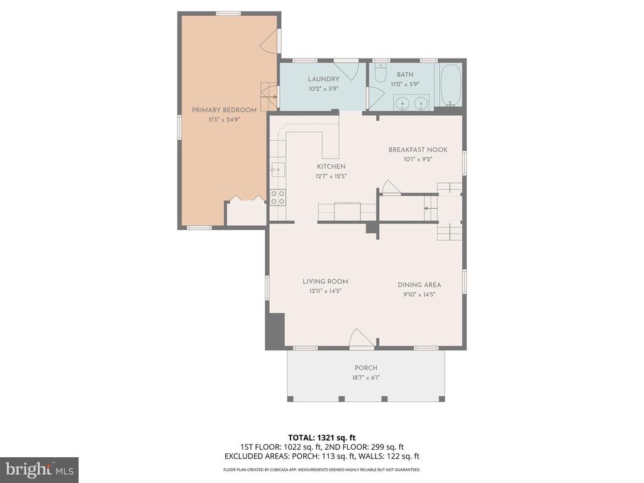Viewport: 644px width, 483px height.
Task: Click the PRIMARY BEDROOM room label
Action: [224, 110]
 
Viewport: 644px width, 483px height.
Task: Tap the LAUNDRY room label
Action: [323, 79]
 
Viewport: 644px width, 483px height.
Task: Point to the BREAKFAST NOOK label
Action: [418, 150]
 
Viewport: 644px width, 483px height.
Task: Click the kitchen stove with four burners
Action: [277, 197]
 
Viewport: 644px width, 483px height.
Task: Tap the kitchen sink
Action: [278, 169]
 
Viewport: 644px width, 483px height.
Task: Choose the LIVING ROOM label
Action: [325, 282]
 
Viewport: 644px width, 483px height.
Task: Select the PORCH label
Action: [366, 368]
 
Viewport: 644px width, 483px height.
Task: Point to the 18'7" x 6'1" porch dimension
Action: [366, 378]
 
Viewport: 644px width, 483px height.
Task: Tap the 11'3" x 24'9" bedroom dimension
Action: [224, 119]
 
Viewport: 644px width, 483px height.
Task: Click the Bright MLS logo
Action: [38, 469]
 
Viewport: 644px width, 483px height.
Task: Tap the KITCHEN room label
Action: [331, 167]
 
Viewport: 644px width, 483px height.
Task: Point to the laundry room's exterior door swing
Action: [347, 67]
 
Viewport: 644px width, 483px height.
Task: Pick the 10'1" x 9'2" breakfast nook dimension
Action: [418, 160]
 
